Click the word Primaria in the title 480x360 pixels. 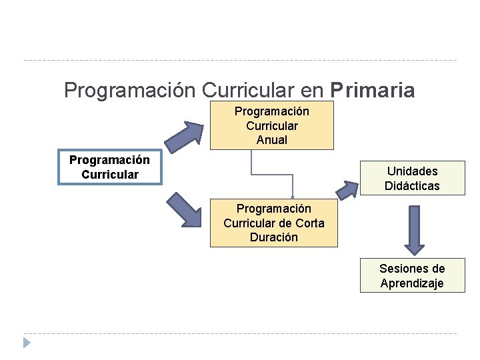point(372,90)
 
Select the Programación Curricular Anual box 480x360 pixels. point(271,125)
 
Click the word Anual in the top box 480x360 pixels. point(271,140)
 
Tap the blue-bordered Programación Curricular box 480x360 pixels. point(109,167)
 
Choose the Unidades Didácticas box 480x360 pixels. point(412,179)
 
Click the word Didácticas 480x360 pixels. point(412,186)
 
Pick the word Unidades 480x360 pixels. point(412,171)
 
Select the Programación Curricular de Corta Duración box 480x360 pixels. point(273,223)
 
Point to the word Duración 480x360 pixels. point(273,237)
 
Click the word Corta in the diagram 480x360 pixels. point(309,223)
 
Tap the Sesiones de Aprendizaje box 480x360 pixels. point(412,276)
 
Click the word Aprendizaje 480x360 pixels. point(412,283)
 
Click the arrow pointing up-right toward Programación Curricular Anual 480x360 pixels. point(185,137)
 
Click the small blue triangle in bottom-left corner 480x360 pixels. point(26,343)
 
